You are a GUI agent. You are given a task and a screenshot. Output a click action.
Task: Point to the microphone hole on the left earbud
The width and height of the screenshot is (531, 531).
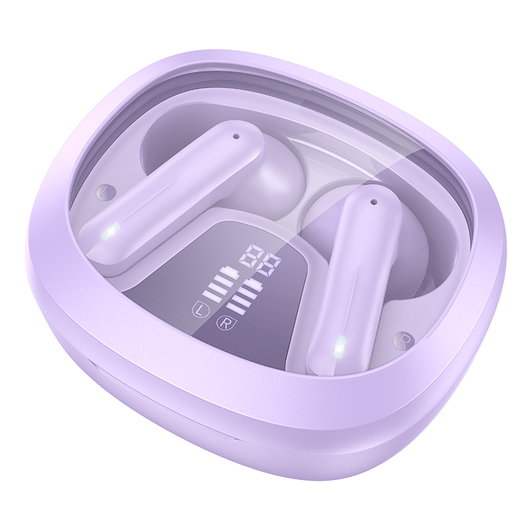236,137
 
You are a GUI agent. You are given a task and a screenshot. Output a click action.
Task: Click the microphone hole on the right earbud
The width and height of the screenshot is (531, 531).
374,202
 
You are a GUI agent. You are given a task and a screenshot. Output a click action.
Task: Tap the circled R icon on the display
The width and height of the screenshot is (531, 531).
223,322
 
